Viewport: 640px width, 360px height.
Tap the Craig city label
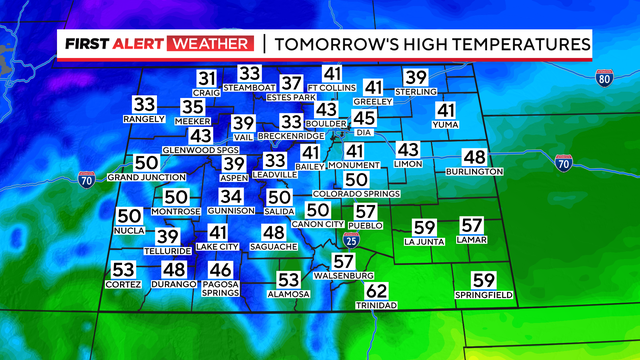click(x=206, y=92)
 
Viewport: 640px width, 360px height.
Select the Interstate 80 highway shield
click(x=604, y=78)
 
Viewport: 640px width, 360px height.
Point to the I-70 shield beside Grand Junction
click(x=87, y=180)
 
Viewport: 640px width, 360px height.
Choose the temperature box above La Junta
click(x=425, y=227)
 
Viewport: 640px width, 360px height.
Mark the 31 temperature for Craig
click(x=206, y=79)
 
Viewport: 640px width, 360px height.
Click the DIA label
click(x=365, y=132)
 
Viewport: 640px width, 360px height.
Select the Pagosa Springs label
click(x=220, y=289)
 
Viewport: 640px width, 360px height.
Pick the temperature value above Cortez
click(x=123, y=270)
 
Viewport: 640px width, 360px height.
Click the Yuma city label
click(x=445, y=125)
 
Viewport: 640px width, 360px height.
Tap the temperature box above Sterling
click(x=415, y=78)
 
